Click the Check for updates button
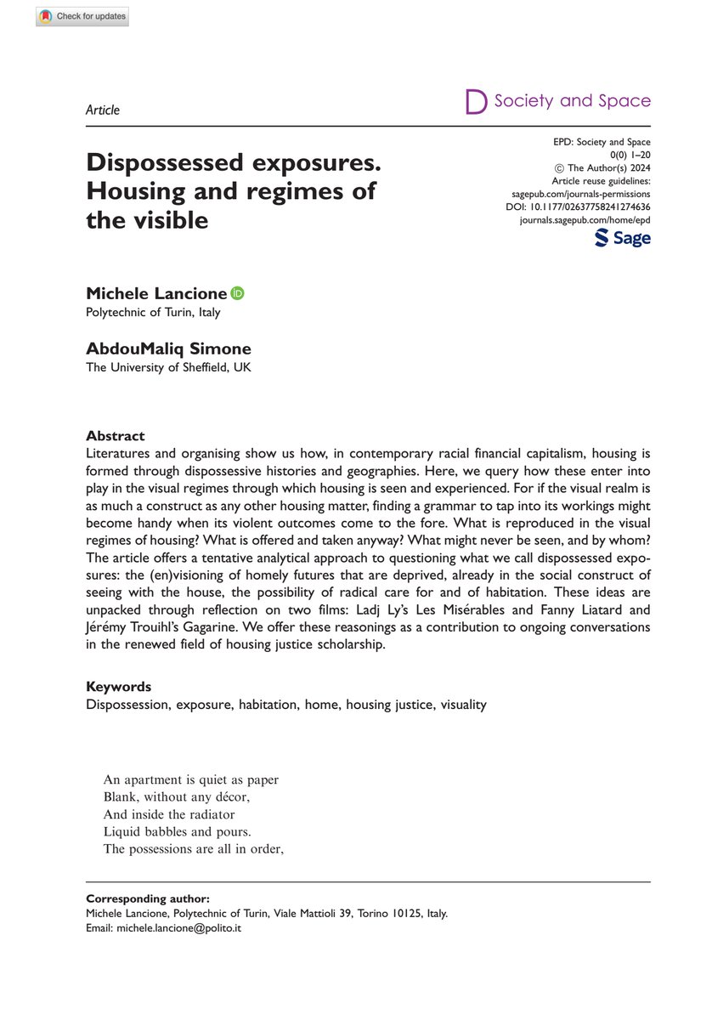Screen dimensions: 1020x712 click(82, 17)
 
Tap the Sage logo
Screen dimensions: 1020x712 click(622, 239)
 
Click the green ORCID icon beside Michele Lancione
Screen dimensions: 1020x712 click(237, 293)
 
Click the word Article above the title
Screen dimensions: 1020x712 click(103, 110)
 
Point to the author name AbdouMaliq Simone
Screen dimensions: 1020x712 click(168, 348)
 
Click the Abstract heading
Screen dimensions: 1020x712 click(115, 436)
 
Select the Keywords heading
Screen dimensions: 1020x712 click(119, 686)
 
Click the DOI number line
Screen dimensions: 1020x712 click(578, 207)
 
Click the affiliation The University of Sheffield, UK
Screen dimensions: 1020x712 click(168, 367)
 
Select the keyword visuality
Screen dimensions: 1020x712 click(463, 705)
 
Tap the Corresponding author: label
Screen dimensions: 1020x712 click(148, 898)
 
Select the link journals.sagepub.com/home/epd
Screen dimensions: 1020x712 click(585, 219)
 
